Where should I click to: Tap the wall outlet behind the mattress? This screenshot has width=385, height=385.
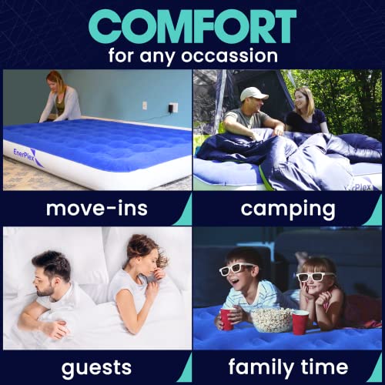point(173,107)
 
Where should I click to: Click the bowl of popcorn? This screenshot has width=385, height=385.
point(271,318)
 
